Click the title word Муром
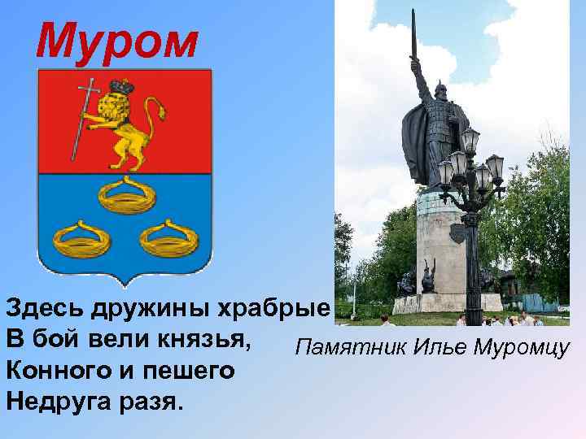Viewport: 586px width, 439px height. point(116,40)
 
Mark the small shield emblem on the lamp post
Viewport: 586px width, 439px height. point(457,233)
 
